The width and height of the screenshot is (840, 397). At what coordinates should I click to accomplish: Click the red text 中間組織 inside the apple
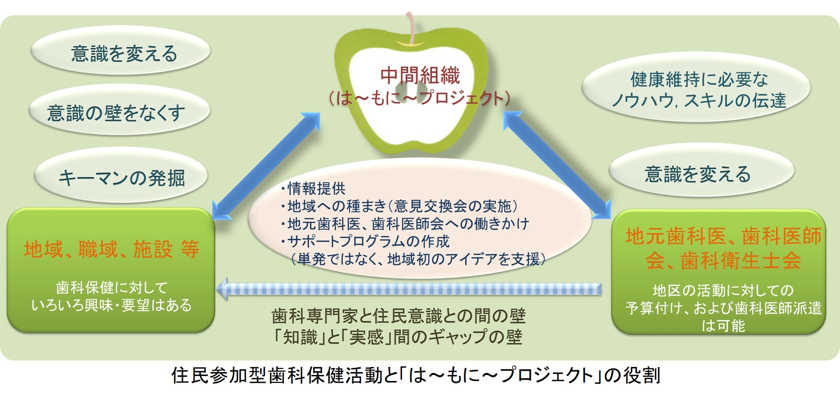[x=420, y=75]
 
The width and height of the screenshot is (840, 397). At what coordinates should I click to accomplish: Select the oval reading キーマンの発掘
[x=121, y=177]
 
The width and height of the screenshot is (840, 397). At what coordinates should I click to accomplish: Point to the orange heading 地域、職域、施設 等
[x=112, y=249]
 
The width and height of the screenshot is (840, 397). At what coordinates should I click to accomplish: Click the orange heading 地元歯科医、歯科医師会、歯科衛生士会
[x=723, y=248]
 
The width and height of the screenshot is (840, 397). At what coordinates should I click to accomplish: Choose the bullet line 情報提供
[x=313, y=188]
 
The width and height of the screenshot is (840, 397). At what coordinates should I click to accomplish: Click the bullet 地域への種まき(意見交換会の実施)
[x=399, y=206]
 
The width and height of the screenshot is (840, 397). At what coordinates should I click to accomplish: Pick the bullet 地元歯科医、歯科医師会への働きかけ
[x=405, y=223]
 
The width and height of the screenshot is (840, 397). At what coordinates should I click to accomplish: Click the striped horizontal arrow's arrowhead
[x=222, y=289]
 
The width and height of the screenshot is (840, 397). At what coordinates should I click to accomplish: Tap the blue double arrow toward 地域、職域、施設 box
[x=266, y=166]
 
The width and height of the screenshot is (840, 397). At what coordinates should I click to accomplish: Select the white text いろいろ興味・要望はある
[x=112, y=305]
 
